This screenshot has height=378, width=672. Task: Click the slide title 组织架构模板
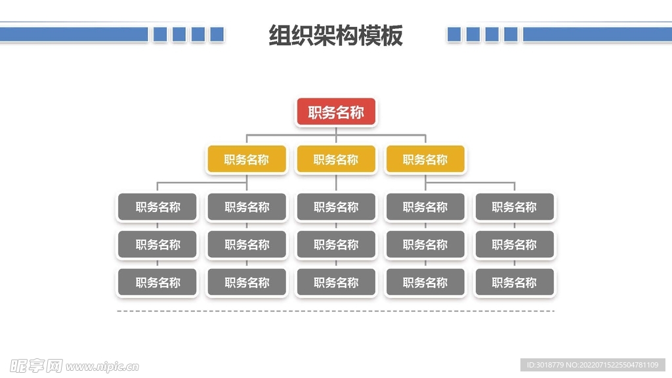click(x=336, y=35)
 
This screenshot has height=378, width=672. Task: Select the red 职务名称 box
click(x=336, y=112)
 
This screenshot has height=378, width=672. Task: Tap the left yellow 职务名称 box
click(x=247, y=159)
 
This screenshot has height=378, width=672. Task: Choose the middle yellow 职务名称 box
click(x=336, y=159)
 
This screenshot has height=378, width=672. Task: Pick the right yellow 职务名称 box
click(x=425, y=159)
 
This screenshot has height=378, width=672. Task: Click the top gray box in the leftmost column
click(x=157, y=207)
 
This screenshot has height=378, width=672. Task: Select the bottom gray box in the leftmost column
click(x=157, y=283)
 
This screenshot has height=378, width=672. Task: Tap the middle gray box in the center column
click(x=336, y=245)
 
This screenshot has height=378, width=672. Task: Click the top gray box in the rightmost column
click(x=514, y=207)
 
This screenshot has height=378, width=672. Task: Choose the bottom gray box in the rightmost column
click(x=514, y=283)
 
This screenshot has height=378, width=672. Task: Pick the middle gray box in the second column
click(x=247, y=245)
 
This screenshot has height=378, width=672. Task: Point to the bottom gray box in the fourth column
click(x=425, y=283)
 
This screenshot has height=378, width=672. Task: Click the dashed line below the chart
click(x=336, y=311)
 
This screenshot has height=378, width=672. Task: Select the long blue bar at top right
click(x=597, y=34)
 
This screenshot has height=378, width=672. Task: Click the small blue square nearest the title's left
click(x=217, y=34)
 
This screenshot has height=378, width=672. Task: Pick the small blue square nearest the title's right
click(x=454, y=34)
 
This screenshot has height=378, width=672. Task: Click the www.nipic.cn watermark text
click(x=102, y=366)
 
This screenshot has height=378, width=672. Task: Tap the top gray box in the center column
click(x=336, y=207)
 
